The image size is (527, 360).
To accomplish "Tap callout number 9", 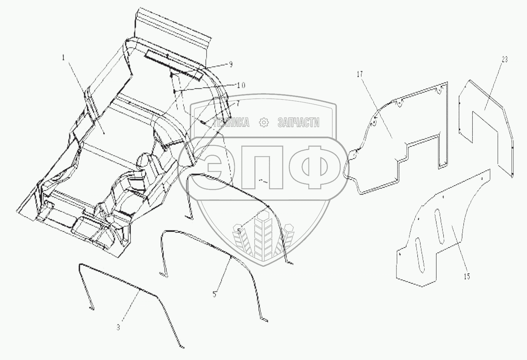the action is [231, 64].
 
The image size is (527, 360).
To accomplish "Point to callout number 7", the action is [238, 103].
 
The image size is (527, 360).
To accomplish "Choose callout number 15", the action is [467, 276].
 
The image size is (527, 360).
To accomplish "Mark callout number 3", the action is [118, 327].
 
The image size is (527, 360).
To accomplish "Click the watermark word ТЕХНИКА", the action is [231, 123].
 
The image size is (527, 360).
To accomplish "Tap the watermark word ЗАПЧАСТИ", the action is [299, 123].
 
